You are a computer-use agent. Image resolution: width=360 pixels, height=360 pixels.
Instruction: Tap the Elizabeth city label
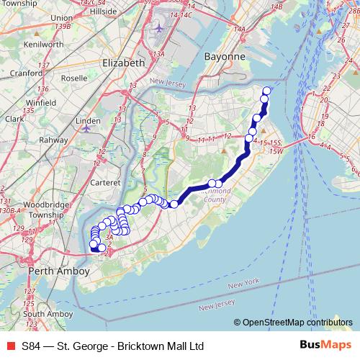point(124,63)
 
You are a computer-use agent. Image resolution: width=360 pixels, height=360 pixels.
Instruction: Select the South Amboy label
point(47,314)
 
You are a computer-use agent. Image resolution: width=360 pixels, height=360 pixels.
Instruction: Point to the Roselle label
point(74,78)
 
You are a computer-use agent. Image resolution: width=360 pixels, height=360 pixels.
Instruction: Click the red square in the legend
point(9,346)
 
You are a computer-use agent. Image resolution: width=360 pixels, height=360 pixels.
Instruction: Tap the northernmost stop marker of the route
point(266,91)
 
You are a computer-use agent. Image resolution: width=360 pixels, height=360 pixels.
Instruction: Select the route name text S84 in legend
point(31,346)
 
